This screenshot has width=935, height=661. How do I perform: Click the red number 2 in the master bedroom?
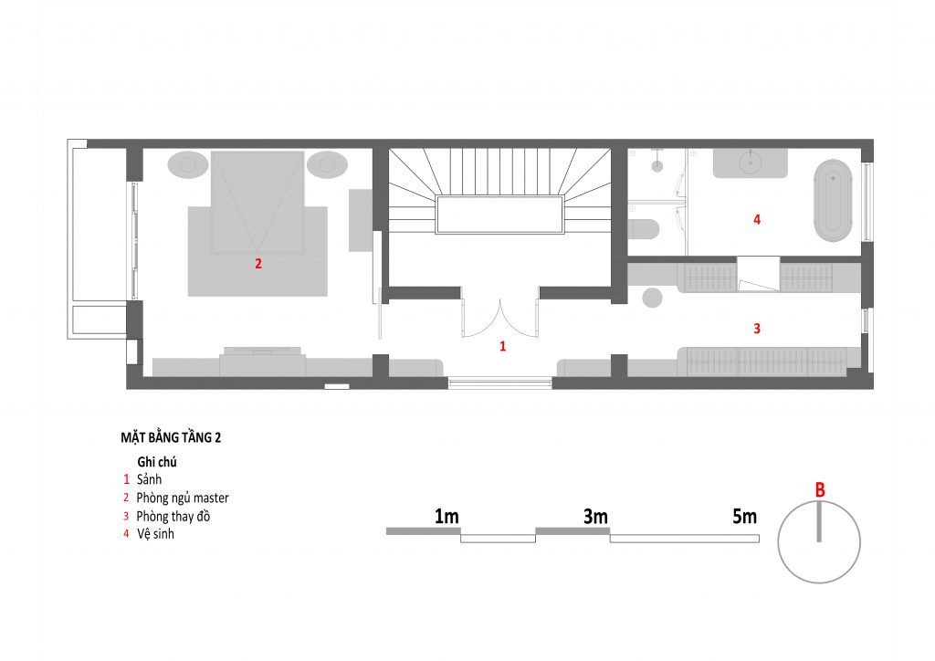coord(258,264)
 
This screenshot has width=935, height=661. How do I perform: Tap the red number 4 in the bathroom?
coord(757,219)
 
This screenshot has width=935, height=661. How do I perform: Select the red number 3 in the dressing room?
coord(757,328)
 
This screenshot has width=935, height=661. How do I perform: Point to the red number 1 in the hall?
coord(503,346)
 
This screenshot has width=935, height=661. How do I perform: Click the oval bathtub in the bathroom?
coord(834,200)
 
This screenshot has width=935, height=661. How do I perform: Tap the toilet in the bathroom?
coord(644,229)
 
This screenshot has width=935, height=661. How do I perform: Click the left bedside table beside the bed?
coord(188,164)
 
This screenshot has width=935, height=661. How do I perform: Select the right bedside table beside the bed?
coord(327,164)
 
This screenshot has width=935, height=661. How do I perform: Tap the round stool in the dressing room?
coord(652,298)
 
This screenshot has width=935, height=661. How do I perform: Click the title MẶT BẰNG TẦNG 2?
coord(171,437)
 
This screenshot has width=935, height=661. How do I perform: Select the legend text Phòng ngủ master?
coord(183,498)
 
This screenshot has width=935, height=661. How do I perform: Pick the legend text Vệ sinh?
coord(155,533)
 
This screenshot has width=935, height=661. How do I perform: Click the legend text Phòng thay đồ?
coord(173,516)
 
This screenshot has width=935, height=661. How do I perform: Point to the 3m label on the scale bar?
coord(595,517)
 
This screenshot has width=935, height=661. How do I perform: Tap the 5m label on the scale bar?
coord(744,517)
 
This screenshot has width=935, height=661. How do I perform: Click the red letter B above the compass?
coord(820,490)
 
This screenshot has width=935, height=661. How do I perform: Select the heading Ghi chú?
coord(157,462)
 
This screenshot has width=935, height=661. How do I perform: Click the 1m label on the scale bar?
coord(446,517)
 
